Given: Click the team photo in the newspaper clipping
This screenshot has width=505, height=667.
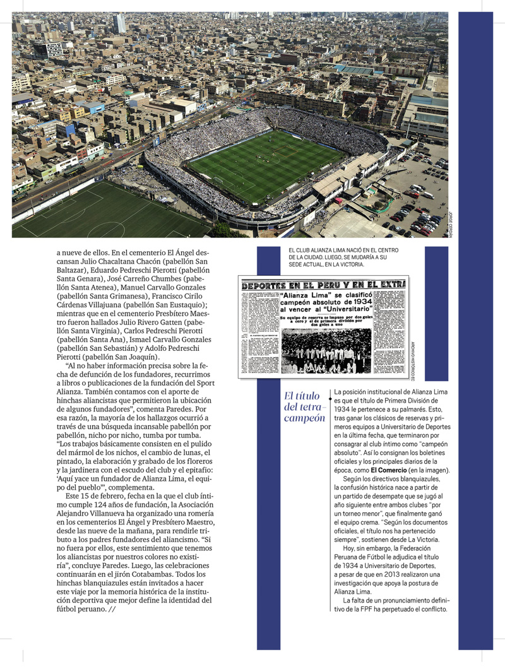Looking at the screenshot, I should (326, 352).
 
